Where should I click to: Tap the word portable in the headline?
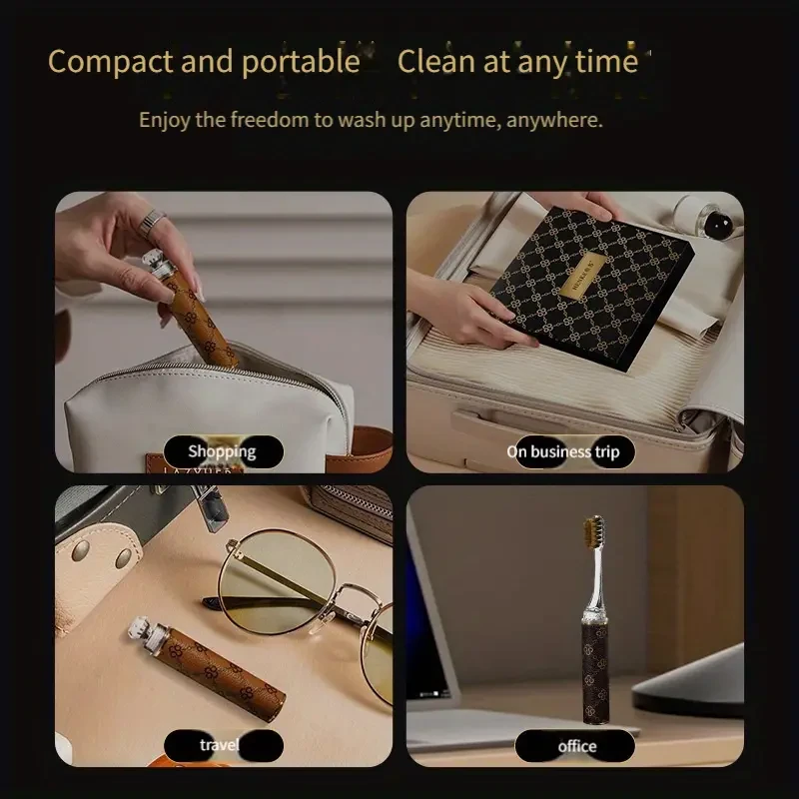(x=298, y=62)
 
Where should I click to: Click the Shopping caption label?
(x=222, y=451)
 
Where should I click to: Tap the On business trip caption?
(x=562, y=451)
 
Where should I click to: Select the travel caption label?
(x=219, y=744)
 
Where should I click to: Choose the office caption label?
(x=576, y=745)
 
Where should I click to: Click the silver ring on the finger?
(x=153, y=219)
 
